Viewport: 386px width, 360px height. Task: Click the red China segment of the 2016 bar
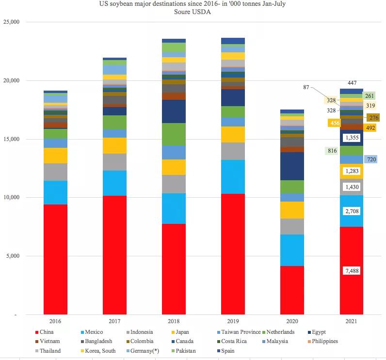click(55, 259)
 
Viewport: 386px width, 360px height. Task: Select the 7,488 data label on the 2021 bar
click(351, 271)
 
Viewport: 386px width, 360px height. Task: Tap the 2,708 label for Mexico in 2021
click(351, 211)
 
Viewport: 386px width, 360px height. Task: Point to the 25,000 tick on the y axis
click(10, 22)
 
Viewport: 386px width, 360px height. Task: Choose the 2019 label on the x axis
click(233, 321)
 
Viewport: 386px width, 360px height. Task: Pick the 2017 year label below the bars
click(114, 321)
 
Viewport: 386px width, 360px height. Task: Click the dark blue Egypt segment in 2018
click(174, 111)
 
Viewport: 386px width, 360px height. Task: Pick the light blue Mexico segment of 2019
click(233, 177)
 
